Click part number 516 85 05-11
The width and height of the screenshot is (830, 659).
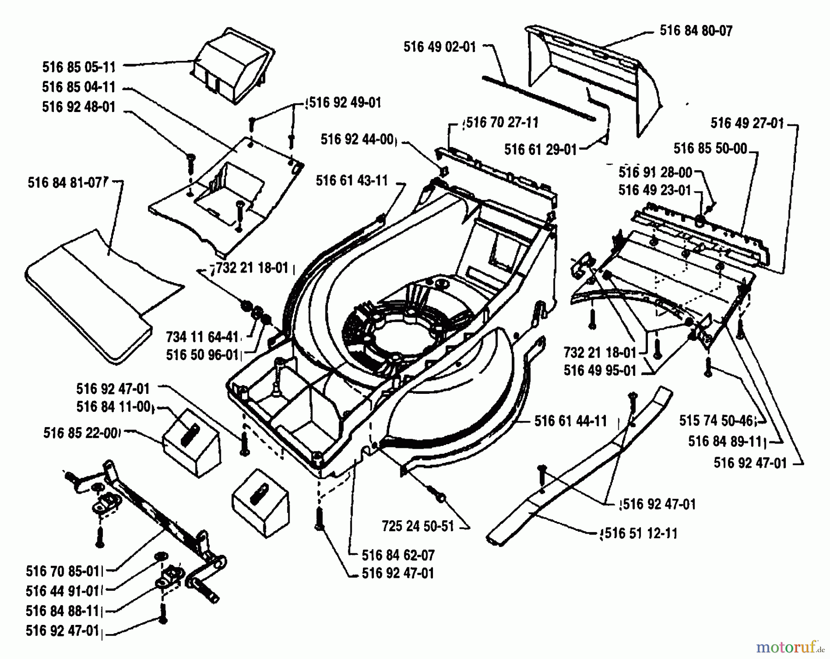(79, 67)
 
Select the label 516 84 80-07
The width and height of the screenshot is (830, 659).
(696, 31)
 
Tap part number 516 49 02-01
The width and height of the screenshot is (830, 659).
(439, 47)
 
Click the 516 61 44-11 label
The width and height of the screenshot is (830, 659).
(570, 421)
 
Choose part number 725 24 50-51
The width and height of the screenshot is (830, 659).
(418, 526)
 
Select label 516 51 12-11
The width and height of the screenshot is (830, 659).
(640, 534)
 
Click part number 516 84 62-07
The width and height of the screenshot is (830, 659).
(398, 555)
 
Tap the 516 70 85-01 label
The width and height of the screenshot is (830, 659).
(63, 571)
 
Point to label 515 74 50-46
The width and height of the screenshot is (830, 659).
(716, 421)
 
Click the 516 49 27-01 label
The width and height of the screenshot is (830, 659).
(747, 123)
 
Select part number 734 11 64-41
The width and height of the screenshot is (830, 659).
(202, 337)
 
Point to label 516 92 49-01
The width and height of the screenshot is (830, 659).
(345, 102)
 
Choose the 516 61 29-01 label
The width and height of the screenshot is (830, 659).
(540, 149)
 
